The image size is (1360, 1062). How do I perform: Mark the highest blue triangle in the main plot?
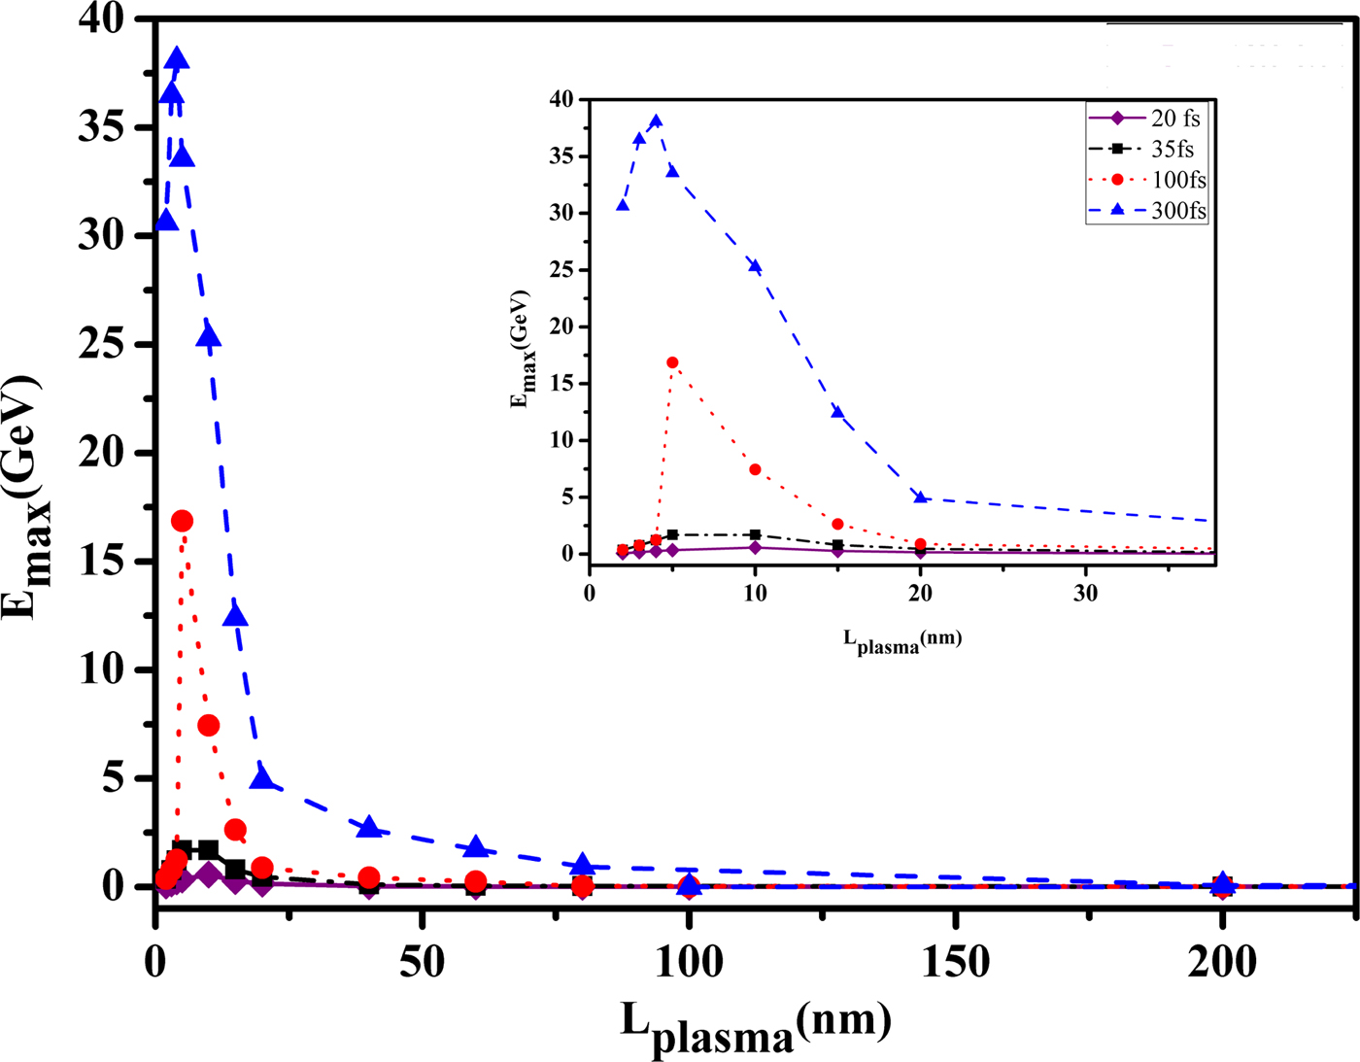pos(177,59)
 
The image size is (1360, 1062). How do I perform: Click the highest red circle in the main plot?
pos(182,522)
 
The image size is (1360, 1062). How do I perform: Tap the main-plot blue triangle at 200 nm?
pos(1224,882)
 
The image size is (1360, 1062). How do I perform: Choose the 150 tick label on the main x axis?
pos(956,962)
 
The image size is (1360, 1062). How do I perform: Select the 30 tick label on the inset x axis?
pos(1086,594)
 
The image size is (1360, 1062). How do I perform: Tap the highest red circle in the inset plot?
pos(672,362)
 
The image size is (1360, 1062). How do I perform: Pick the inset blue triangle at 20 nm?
pos(921,497)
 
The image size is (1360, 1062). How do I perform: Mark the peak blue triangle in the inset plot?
pos(656,121)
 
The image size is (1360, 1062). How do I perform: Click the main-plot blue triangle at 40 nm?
pos(368,827)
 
